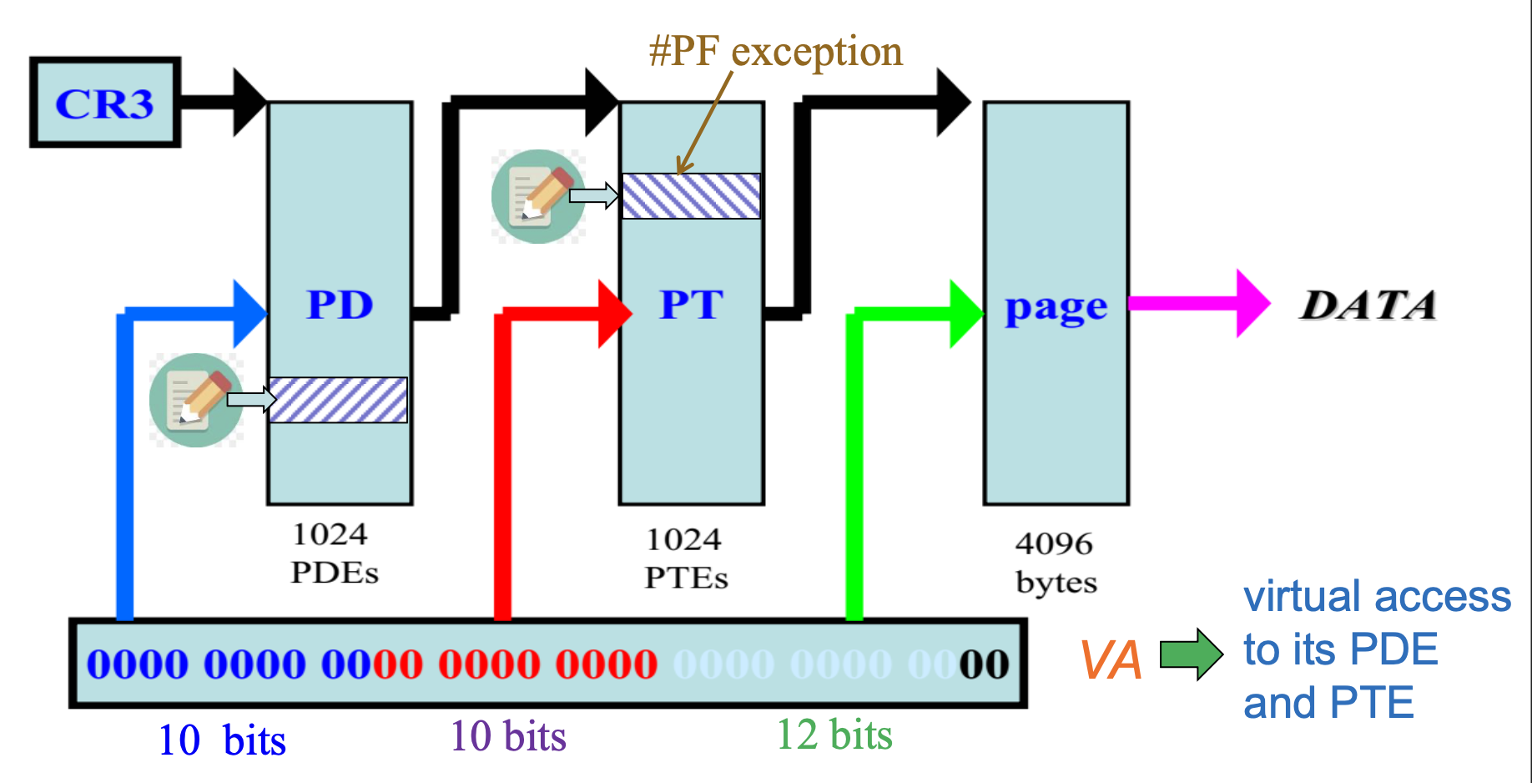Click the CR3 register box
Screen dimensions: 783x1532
pyautogui.click(x=105, y=103)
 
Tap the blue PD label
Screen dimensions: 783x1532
pyautogui.click(x=340, y=305)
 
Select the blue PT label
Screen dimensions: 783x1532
pyautogui.click(x=691, y=305)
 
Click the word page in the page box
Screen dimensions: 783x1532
pyautogui.click(x=1056, y=308)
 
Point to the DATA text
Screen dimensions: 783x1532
pyautogui.click(x=1368, y=306)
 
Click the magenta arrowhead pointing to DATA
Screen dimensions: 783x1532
pyautogui.click(x=1252, y=303)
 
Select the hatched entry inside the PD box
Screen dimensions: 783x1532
pyautogui.click(x=338, y=400)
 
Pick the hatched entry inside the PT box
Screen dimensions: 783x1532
pyautogui.click(x=691, y=196)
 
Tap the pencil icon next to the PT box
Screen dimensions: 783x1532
pyautogui.click(x=537, y=196)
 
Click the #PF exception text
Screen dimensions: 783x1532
pyautogui.click(x=775, y=52)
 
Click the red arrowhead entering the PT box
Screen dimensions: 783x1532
pyautogui.click(x=615, y=314)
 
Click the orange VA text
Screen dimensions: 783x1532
pyautogui.click(x=1111, y=660)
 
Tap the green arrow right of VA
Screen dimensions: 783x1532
pyautogui.click(x=1192, y=654)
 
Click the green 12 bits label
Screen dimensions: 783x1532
pyautogui.click(x=834, y=735)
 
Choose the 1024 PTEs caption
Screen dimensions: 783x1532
pyautogui.click(x=686, y=558)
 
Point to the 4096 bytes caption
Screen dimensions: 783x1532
pyautogui.click(x=1055, y=563)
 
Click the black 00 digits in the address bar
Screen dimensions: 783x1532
pyautogui.click(x=984, y=664)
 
